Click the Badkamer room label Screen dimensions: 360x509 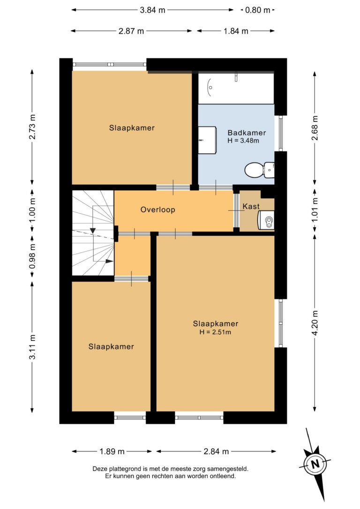tap(247, 133)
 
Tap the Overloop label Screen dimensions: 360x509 tap(158, 210)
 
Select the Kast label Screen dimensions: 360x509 tap(251, 206)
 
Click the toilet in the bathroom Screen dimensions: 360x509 tap(259, 170)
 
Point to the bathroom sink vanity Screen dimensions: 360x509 tap(207, 140)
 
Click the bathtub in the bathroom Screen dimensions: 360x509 tap(236, 88)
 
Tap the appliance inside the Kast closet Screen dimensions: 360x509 tap(266, 220)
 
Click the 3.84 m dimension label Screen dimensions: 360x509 tap(152, 10)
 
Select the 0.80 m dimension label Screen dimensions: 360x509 tap(258, 10)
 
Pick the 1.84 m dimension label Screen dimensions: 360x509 tap(236, 31)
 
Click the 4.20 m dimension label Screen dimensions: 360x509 tap(315, 323)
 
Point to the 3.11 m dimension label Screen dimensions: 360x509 tap(32, 347)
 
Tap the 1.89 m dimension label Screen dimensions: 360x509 tap(112, 451)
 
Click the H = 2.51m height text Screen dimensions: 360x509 tap(215, 332)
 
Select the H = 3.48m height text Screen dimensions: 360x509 tap(243, 141)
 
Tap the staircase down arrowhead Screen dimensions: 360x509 tap(93, 231)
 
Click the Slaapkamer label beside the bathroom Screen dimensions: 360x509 tap(132, 128)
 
